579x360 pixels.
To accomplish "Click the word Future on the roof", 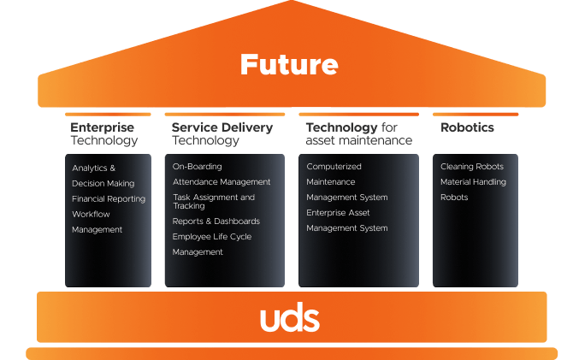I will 289,64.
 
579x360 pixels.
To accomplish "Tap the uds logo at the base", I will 289,319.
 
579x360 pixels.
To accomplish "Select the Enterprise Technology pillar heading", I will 103,133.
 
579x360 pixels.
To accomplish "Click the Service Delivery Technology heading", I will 222,133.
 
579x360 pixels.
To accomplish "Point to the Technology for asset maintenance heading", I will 358,133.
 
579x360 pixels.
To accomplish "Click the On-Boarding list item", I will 197,167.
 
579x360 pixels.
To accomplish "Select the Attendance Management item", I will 222,182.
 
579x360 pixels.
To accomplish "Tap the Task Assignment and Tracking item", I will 214,202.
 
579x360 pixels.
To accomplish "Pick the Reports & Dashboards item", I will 216,221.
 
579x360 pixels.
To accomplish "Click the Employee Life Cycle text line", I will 212,237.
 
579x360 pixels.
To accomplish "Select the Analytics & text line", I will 93,168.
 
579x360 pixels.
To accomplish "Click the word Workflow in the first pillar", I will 91,215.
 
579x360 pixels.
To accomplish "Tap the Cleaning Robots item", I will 472,167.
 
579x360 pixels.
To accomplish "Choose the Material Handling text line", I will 473,182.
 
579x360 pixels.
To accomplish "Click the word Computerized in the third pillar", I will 334,167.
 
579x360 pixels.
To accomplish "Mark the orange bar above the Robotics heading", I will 475,114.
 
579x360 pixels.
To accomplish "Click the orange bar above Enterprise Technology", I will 108,114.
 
